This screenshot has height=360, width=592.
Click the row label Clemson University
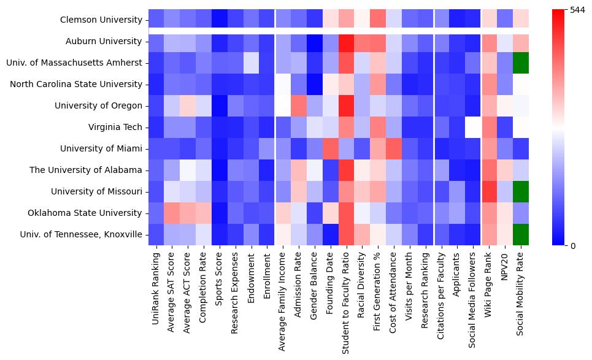101,20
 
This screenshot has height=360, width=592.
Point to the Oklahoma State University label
85,213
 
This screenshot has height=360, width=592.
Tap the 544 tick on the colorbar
577,10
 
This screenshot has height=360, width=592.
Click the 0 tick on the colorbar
573,245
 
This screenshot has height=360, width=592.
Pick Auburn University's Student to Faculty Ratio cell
348,41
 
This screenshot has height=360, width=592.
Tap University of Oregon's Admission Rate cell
301,105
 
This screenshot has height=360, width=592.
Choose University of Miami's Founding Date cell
333,148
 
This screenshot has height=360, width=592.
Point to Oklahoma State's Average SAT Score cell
173,213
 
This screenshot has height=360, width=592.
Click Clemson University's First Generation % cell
380,20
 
